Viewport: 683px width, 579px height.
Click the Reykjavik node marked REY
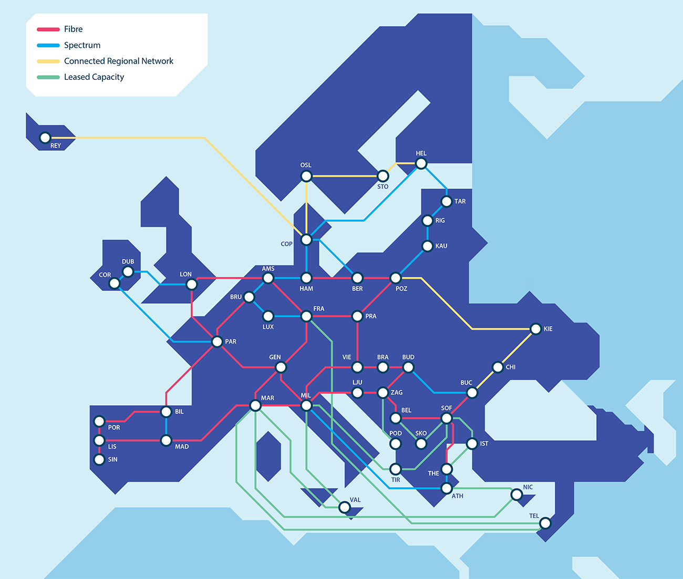(x=45, y=138)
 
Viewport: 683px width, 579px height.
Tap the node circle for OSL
(x=306, y=176)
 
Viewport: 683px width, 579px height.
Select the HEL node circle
(x=421, y=163)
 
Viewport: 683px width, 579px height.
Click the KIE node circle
(x=535, y=329)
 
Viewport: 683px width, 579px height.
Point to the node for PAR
(x=217, y=342)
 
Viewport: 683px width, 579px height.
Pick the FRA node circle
(x=306, y=316)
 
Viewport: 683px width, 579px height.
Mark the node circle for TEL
(x=545, y=523)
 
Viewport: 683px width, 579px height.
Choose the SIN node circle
(x=99, y=460)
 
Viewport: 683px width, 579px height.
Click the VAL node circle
(x=344, y=507)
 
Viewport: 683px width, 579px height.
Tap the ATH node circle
(x=446, y=488)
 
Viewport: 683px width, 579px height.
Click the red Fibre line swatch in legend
(x=48, y=29)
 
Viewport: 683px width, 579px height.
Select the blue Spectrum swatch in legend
(x=48, y=45)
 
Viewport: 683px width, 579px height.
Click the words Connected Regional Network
(x=118, y=61)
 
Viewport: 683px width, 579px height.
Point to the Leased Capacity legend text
(x=94, y=77)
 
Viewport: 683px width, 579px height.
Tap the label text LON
(x=185, y=274)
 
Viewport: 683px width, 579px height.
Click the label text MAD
(x=182, y=447)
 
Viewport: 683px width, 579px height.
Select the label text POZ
(x=401, y=289)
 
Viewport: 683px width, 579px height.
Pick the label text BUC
(x=466, y=382)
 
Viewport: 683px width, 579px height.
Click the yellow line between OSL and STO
(x=341, y=176)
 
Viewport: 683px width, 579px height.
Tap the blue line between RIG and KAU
(x=427, y=233)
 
